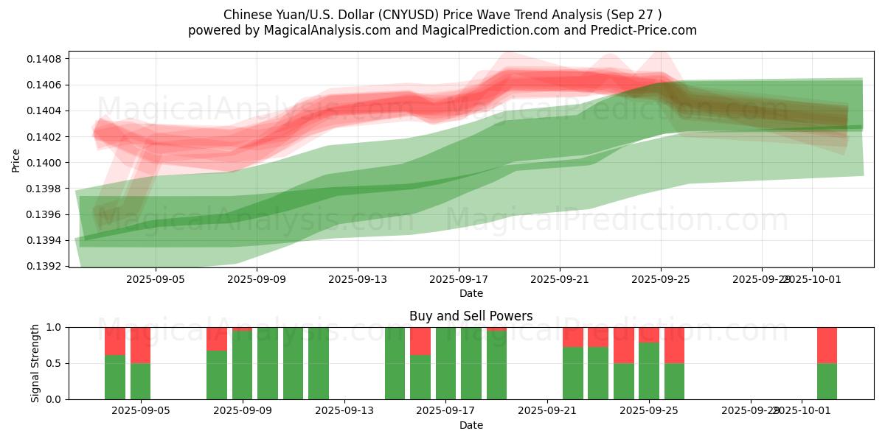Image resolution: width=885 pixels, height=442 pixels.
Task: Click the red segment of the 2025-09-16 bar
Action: click(420, 341)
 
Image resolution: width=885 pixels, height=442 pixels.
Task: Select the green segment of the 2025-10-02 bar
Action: click(827, 381)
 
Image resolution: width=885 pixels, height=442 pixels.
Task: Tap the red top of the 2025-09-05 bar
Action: click(140, 345)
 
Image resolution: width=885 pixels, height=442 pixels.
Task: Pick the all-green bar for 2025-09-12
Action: click(319, 363)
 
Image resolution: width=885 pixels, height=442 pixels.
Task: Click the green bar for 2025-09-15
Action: click(395, 363)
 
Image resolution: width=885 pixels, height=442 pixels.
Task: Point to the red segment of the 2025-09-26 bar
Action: click(674, 345)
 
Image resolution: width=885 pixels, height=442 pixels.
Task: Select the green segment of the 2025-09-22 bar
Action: click(573, 373)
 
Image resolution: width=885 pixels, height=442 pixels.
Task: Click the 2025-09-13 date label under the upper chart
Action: click(357, 280)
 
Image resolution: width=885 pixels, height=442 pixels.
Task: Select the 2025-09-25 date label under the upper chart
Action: click(660, 280)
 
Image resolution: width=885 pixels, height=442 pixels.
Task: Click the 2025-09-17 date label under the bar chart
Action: click(445, 411)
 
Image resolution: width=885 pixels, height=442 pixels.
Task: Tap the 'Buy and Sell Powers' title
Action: click(471, 316)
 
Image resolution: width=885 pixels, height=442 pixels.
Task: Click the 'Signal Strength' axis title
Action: click(35, 363)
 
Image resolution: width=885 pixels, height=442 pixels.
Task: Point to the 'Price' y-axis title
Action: click(16, 160)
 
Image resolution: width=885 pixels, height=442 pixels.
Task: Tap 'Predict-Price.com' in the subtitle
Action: click(646, 30)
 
